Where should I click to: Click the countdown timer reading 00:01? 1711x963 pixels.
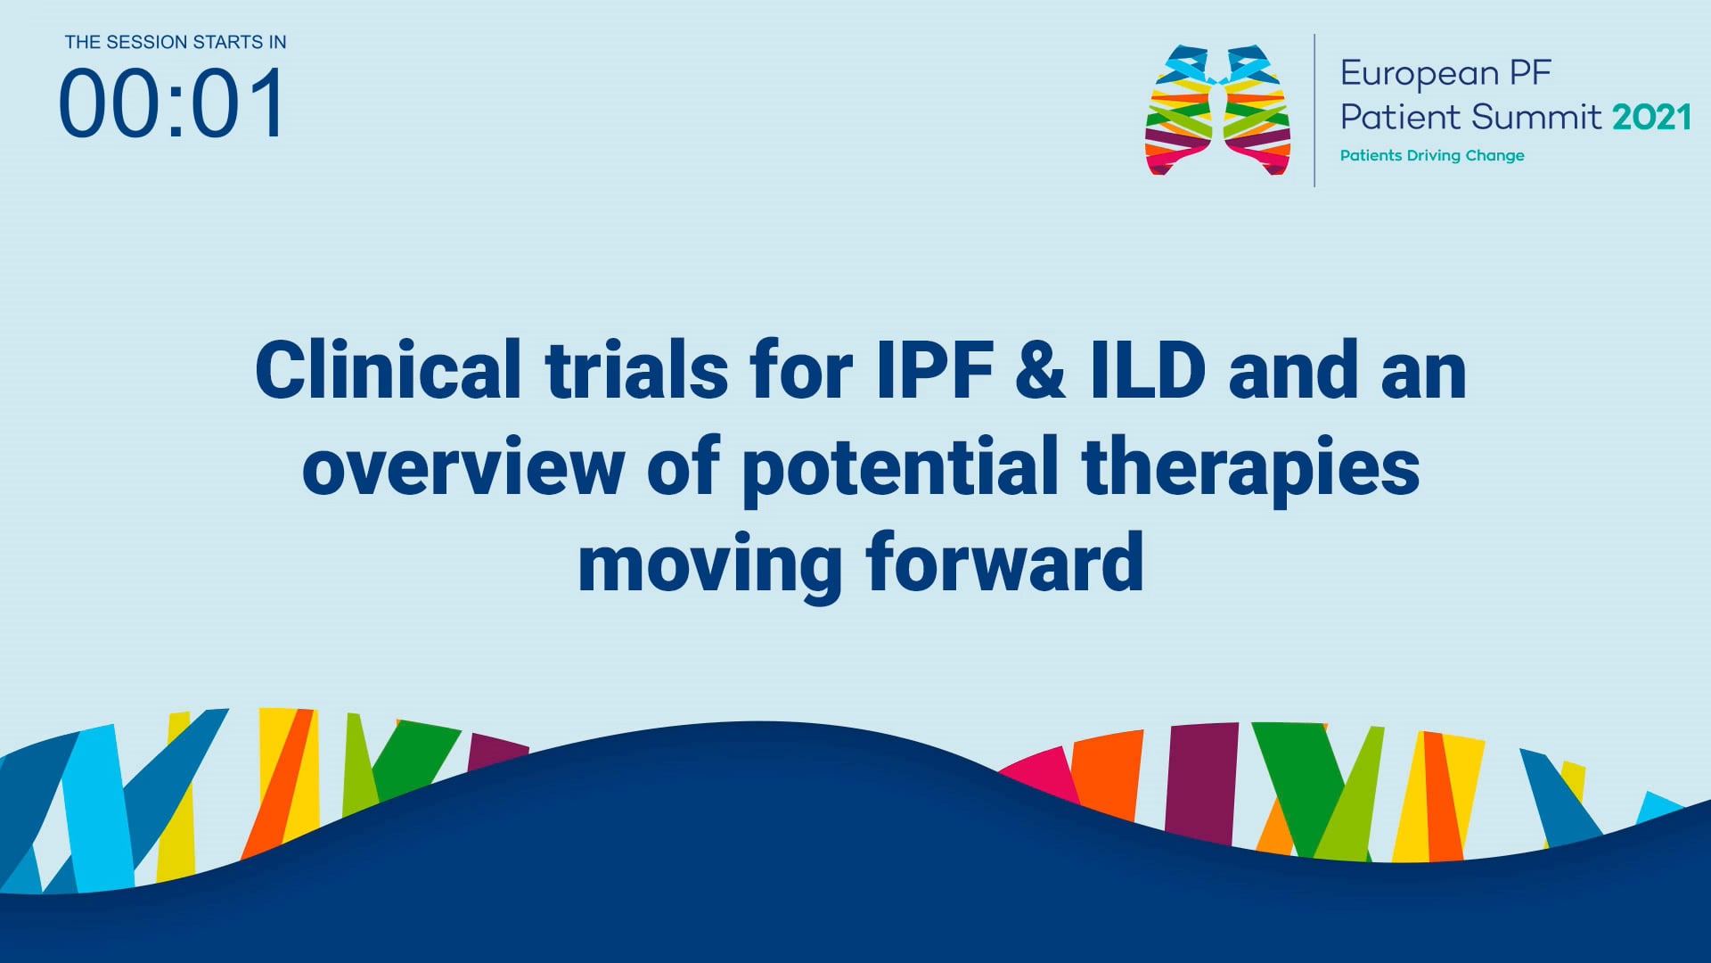[x=172, y=104]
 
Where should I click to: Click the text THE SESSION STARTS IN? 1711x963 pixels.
[x=176, y=42]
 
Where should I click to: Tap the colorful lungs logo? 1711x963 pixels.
[x=1217, y=111]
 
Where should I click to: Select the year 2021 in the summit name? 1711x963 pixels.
[x=1651, y=117]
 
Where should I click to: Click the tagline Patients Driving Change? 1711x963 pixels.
[x=1431, y=155]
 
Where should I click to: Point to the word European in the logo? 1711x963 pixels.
[x=1420, y=74]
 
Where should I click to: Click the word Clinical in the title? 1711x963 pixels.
[x=388, y=370]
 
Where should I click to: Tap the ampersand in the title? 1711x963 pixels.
[x=1041, y=370]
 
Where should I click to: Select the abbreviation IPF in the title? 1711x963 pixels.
[x=935, y=370]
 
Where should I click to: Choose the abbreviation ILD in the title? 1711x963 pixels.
[x=1149, y=370]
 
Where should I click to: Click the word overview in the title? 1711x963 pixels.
[x=463, y=468]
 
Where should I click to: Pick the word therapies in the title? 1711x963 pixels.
[x=1250, y=468]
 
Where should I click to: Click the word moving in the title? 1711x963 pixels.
[x=709, y=564]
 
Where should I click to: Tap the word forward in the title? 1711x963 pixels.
[x=1004, y=564]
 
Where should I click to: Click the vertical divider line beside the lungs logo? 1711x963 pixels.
[x=1314, y=111]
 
